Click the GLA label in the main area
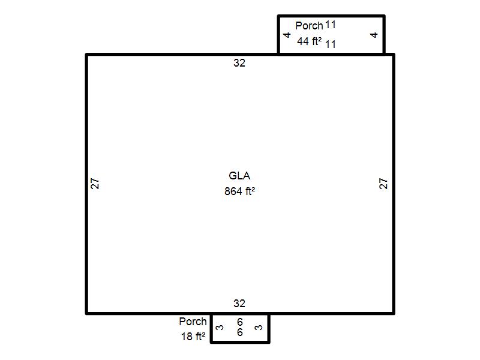click(x=239, y=176)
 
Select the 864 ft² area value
click(x=239, y=191)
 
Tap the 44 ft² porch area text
click(x=309, y=41)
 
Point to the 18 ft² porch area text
click(x=193, y=337)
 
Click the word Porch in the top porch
click(x=309, y=26)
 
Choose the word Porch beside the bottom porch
click(x=193, y=322)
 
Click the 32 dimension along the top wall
click(x=239, y=63)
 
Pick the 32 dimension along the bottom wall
click(x=239, y=304)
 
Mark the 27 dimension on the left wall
click(x=95, y=184)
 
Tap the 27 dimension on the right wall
click(x=383, y=184)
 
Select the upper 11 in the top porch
click(x=331, y=25)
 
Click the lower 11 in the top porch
click(x=331, y=44)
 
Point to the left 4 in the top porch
click(x=287, y=35)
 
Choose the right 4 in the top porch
click(x=374, y=35)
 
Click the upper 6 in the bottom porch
click(x=240, y=322)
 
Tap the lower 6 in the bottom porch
click(x=240, y=332)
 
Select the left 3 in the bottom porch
click(x=220, y=328)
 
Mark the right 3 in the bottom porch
click(x=259, y=328)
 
